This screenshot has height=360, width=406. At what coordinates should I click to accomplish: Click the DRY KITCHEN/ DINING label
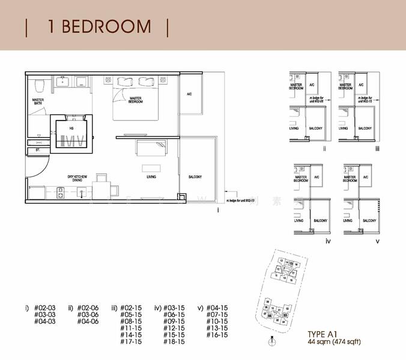[78, 178]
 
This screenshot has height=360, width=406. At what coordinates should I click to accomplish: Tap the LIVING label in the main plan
[151, 178]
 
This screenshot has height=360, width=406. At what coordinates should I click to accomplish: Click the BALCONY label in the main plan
[195, 177]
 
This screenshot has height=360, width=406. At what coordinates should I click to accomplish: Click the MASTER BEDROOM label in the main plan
[136, 101]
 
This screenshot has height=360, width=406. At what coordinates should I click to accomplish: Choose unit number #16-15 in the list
[217, 335]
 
